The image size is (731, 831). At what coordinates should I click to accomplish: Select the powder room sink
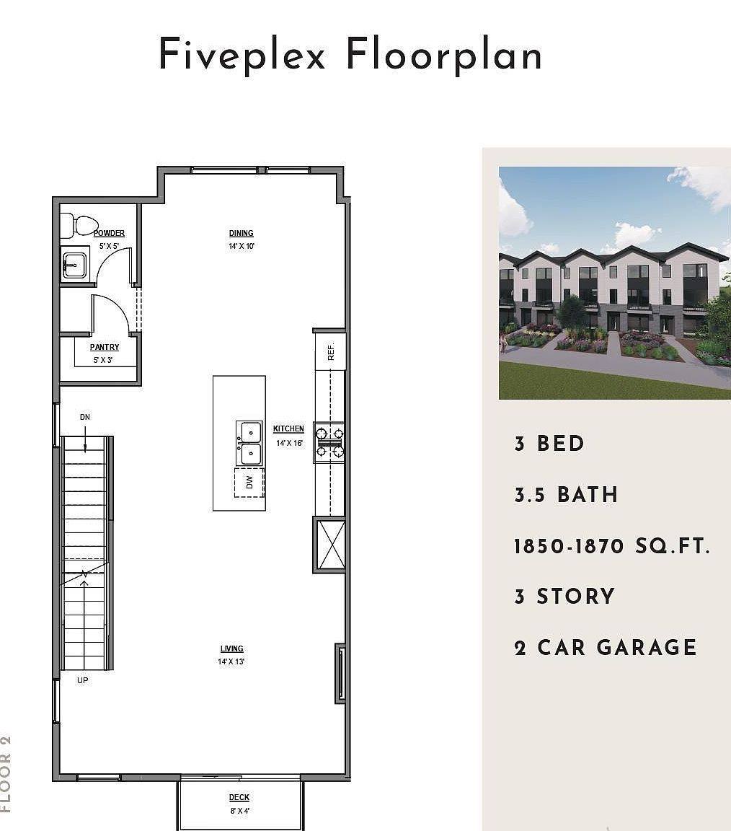(x=73, y=265)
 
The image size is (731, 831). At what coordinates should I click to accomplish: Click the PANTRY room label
(x=105, y=348)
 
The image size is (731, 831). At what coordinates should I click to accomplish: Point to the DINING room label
(x=242, y=233)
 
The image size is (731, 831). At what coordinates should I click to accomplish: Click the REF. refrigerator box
(x=330, y=352)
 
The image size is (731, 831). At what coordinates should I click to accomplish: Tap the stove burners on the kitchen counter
(x=329, y=442)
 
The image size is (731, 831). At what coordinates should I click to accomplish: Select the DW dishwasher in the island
(x=249, y=483)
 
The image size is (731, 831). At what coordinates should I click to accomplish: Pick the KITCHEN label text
(x=288, y=429)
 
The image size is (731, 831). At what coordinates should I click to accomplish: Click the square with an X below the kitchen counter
(x=330, y=545)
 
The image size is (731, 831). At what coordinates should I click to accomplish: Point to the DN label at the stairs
(x=85, y=418)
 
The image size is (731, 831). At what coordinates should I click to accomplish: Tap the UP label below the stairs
(x=83, y=680)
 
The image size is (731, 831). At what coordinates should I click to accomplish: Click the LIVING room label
(x=232, y=649)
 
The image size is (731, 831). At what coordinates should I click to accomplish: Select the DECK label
(x=239, y=797)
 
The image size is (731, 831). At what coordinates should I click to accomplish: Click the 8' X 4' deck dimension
(x=239, y=810)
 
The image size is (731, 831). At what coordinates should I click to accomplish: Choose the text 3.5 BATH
(x=566, y=495)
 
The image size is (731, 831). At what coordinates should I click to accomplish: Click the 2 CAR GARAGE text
(x=606, y=647)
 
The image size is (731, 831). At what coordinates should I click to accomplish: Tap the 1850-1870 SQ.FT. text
(x=612, y=546)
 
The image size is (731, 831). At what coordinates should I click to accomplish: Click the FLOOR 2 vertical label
(x=6, y=773)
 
